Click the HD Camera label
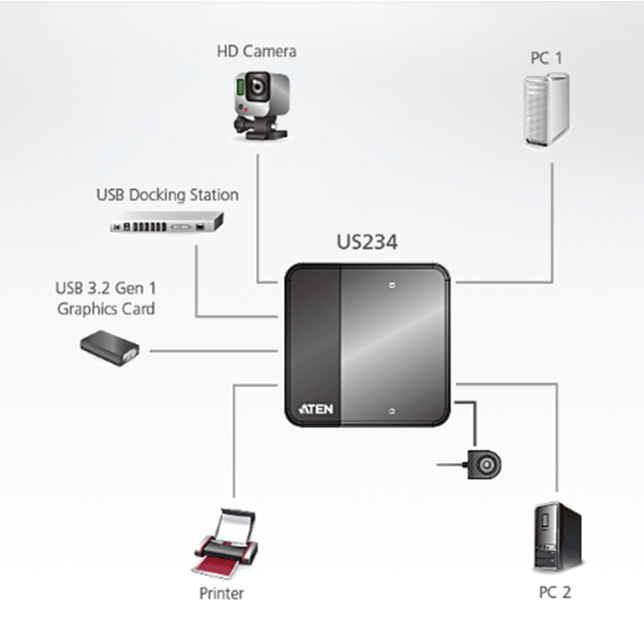[256, 52]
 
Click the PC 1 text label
[547, 59]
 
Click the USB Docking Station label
[167, 195]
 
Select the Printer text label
[221, 595]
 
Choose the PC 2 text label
[555, 593]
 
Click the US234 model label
[366, 242]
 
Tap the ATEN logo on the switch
[316, 408]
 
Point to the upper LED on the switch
[391, 284]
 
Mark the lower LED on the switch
[391, 411]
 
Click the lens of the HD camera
[256, 84]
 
